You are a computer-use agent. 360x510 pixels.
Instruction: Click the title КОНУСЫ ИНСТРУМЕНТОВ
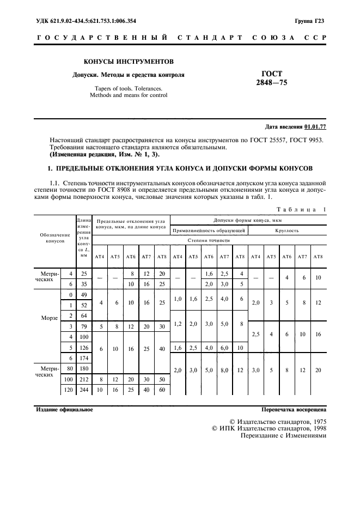(129, 62)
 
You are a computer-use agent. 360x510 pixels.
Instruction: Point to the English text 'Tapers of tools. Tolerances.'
(129, 88)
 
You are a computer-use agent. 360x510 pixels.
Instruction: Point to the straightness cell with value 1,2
(178, 323)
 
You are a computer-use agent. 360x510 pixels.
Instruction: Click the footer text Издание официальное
(64, 409)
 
